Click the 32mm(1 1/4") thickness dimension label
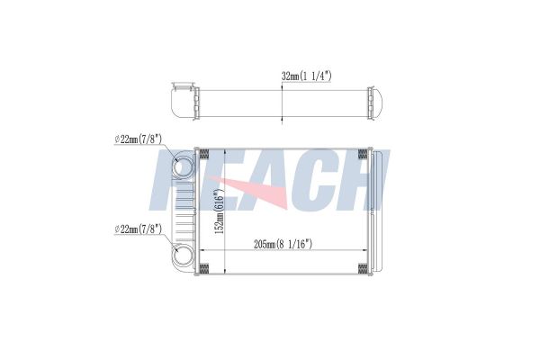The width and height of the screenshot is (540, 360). (x=307, y=76)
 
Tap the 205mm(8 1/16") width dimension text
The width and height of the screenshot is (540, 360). (x=283, y=244)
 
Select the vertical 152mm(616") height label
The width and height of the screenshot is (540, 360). (x=220, y=211)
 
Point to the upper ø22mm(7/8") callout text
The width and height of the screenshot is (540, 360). (x=138, y=139)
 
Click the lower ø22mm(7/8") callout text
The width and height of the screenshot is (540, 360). (x=138, y=229)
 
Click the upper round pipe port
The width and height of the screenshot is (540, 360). (x=184, y=168)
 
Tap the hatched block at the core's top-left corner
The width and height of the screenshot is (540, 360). (x=204, y=154)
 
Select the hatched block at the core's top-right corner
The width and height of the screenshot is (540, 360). (x=363, y=154)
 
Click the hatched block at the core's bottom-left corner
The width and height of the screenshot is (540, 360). (x=204, y=269)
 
